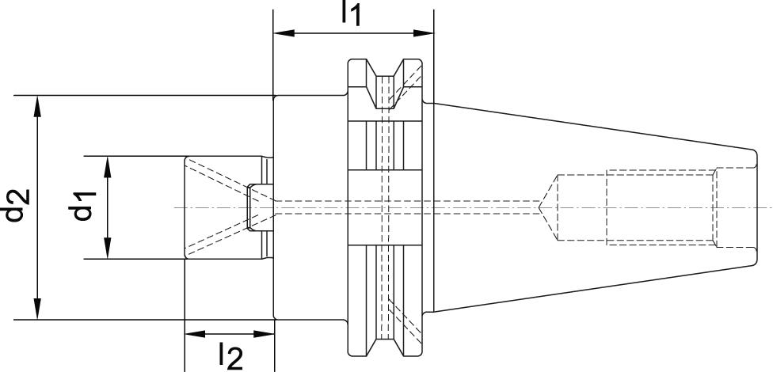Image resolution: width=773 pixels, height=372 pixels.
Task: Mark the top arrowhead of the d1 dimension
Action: pyautogui.click(x=108, y=163)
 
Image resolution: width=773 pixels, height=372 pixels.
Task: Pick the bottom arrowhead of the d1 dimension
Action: pyautogui.click(x=108, y=252)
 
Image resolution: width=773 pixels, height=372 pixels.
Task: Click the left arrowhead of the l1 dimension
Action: pyautogui.click(x=280, y=33)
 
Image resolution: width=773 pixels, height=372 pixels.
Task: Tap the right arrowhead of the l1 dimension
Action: pyautogui.click(x=427, y=33)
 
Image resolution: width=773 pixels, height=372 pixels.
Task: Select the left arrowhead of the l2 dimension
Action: pyautogui.click(x=192, y=334)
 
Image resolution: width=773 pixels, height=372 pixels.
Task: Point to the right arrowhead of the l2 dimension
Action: pyautogui.click(x=267, y=334)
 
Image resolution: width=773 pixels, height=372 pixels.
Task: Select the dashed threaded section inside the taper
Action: pyautogui.click(x=661, y=207)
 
